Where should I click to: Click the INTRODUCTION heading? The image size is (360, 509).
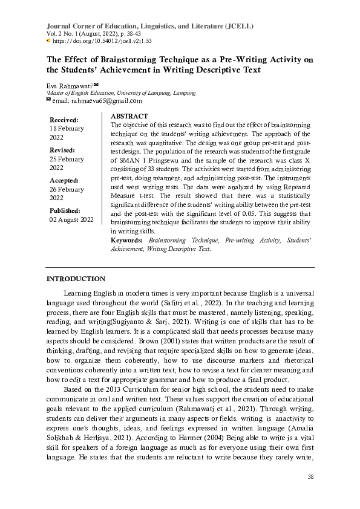coord(76,279)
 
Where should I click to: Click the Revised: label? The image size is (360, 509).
coord(62,149)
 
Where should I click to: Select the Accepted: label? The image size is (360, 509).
coord(64,180)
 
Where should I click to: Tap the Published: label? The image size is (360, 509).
coord(65,210)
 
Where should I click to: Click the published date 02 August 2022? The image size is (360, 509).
coord(71,219)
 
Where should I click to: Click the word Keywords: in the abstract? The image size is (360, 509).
coord(126,241)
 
